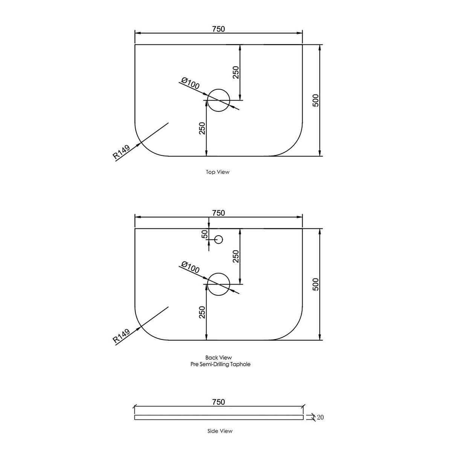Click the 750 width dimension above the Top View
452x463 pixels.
click(x=218, y=29)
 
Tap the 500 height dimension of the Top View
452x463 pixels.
click(x=315, y=101)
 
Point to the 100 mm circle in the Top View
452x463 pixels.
click(x=218, y=89)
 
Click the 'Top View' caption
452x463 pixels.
click(x=218, y=172)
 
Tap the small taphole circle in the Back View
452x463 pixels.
click(x=218, y=239)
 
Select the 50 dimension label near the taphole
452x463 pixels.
click(x=205, y=234)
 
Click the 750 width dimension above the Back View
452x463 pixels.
click(x=218, y=213)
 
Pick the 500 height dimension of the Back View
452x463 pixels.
click(x=315, y=284)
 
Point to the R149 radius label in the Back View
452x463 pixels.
click(x=121, y=336)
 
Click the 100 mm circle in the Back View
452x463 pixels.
click(x=218, y=273)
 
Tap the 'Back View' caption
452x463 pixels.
click(x=218, y=357)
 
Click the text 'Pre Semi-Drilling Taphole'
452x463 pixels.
click(x=220, y=364)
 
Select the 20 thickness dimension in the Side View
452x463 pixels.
click(x=320, y=417)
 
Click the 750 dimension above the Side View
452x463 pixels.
click(x=218, y=402)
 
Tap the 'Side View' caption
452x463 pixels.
click(x=220, y=431)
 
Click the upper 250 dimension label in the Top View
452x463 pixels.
click(x=235, y=72)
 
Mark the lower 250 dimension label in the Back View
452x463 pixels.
click(x=202, y=312)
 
